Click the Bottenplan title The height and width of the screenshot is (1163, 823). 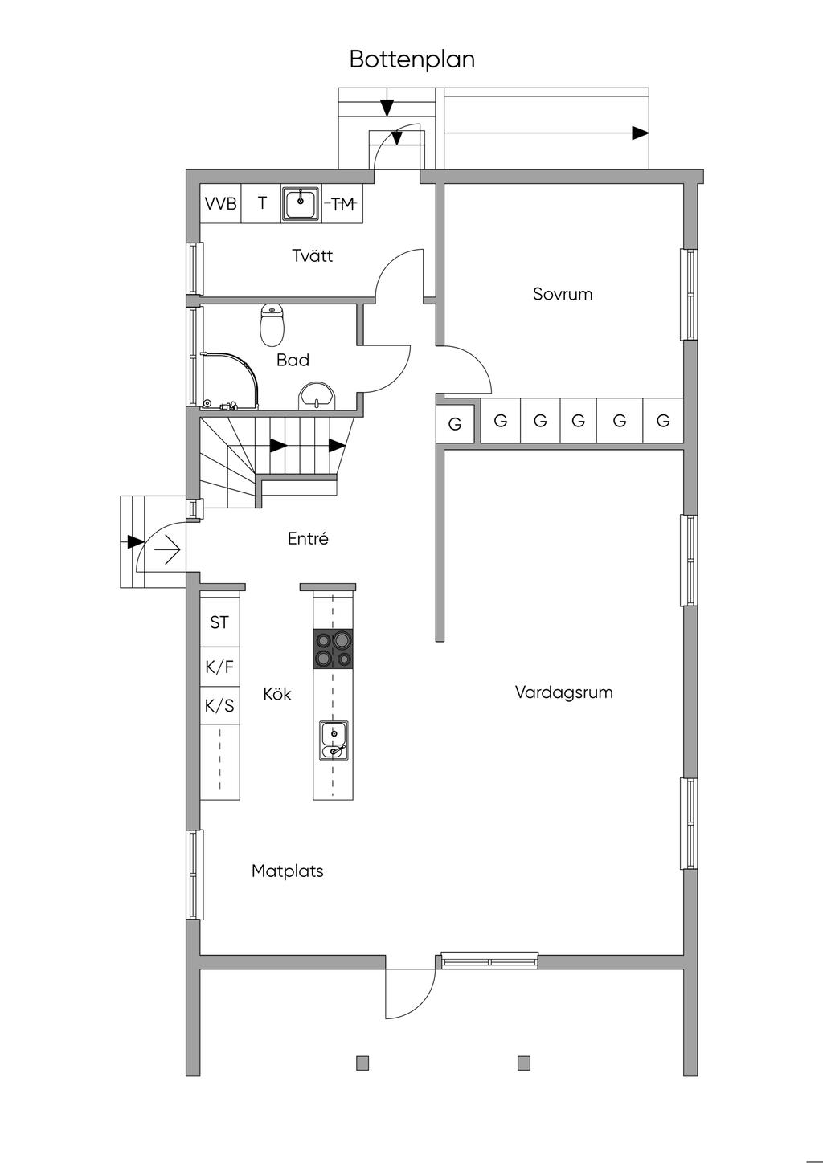[x=412, y=60]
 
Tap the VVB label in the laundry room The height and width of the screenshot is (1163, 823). [x=221, y=203]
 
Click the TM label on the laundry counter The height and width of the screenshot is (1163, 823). [x=343, y=204]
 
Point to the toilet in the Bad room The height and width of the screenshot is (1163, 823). [x=272, y=325]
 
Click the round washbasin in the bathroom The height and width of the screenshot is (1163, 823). [x=317, y=397]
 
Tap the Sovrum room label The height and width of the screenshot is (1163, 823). [x=563, y=295]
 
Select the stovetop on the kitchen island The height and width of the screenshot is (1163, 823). [x=333, y=648]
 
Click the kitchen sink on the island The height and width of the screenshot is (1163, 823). [x=334, y=741]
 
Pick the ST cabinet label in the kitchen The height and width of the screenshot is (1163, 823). [x=219, y=622]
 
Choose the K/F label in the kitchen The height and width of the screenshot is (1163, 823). [x=219, y=667]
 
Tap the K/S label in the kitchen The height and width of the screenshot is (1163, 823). [x=219, y=705]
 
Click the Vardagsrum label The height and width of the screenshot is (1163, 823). [x=563, y=692]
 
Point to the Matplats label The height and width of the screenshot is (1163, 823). [x=287, y=871]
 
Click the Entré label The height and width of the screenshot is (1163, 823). [x=308, y=538]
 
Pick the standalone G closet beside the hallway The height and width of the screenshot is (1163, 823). [x=455, y=424]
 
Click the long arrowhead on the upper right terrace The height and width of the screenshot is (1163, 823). [x=640, y=133]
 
